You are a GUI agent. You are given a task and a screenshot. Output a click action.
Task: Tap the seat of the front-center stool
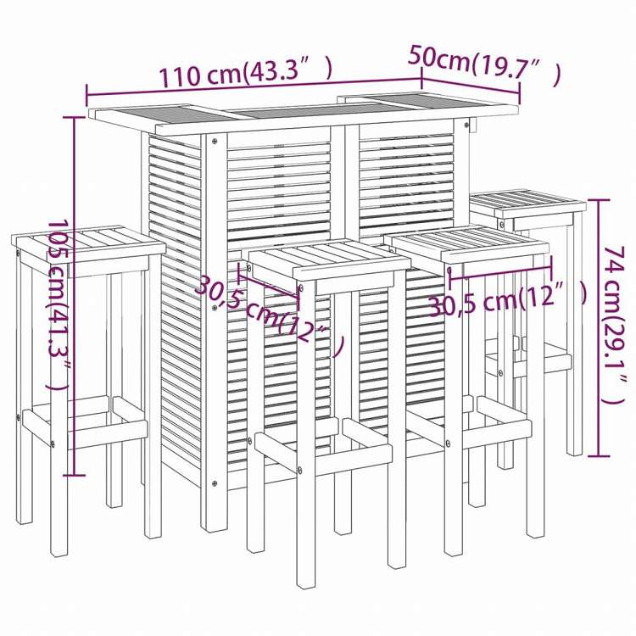tap(326, 258)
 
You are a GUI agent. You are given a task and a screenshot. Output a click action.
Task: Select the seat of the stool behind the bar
tap(527, 204)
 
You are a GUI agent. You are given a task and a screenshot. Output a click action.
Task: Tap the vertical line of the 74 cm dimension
tap(600, 326)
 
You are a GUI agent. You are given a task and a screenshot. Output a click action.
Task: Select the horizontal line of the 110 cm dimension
tap(254, 89)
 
